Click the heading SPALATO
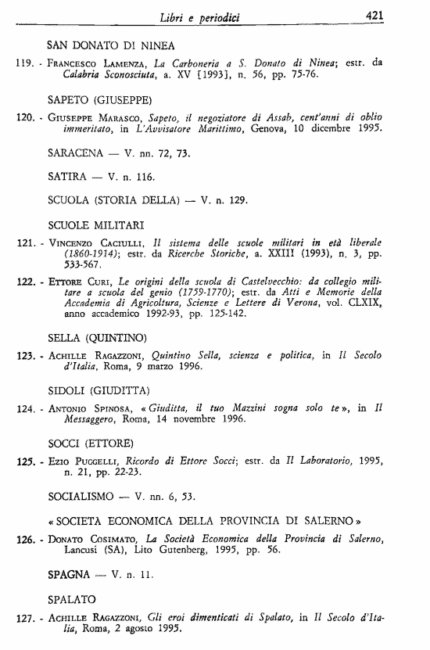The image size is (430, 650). [73, 600]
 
